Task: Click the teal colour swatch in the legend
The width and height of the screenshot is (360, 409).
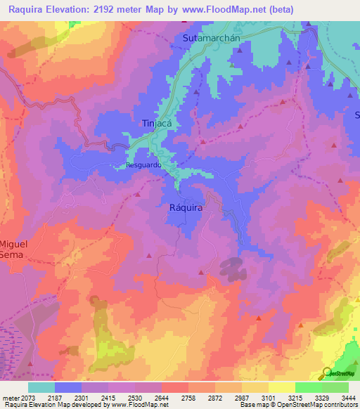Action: click(41, 387)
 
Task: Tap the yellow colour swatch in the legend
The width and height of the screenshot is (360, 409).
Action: click(281, 387)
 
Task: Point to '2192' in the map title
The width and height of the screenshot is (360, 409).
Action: click(118, 9)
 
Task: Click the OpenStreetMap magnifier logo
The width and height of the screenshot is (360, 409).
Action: click(327, 373)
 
